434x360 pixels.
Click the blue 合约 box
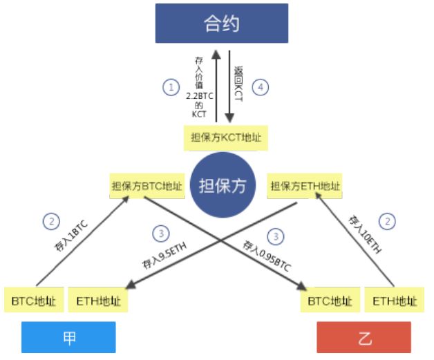click(x=221, y=23)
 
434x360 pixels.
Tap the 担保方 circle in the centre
click(x=223, y=186)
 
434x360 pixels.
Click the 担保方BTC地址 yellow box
click(x=147, y=186)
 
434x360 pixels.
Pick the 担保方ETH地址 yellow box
click(x=305, y=186)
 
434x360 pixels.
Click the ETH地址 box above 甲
click(x=97, y=301)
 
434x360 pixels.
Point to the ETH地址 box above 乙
click(x=395, y=301)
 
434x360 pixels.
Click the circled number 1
click(x=170, y=87)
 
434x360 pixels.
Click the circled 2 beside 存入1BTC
click(x=50, y=222)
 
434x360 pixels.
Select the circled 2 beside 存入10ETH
click(x=389, y=221)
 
